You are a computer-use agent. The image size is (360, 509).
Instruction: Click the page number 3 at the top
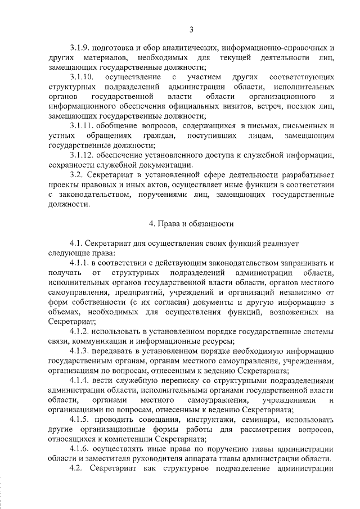[x=191, y=29]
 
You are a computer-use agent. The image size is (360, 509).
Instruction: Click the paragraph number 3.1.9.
[x=81, y=47]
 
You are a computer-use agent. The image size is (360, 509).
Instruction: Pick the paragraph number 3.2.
[x=77, y=175]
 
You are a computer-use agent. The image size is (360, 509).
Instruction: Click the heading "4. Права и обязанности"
[x=191, y=223]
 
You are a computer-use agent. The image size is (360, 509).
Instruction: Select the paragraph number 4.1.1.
[x=80, y=263]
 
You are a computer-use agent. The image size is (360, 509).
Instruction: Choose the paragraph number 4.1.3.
[x=80, y=351]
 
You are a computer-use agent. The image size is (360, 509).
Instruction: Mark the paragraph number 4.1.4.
[x=80, y=380]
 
